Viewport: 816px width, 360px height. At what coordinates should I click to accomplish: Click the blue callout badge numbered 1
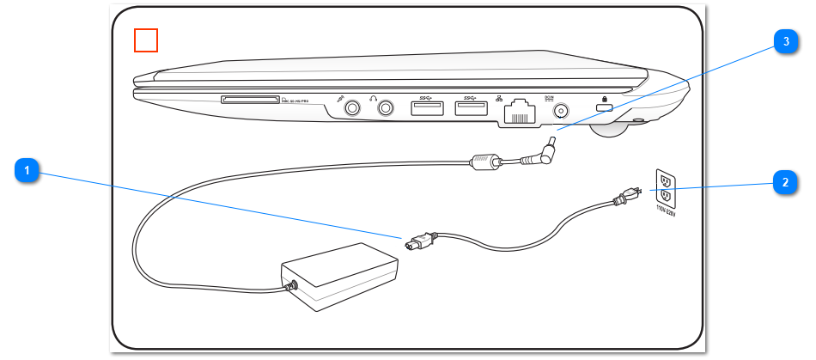[x=28, y=172]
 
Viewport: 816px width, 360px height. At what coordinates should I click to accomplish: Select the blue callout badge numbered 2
[x=783, y=183]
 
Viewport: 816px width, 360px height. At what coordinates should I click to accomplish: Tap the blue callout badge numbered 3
[x=783, y=43]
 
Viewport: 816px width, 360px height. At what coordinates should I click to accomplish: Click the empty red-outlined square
[x=146, y=40]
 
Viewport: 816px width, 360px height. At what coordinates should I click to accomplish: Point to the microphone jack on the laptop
[x=352, y=108]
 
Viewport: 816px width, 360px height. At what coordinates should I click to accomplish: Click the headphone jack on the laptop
[x=386, y=108]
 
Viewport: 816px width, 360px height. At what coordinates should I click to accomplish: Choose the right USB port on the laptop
[x=472, y=109]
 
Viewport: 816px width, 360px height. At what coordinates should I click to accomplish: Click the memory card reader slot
[x=250, y=101]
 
